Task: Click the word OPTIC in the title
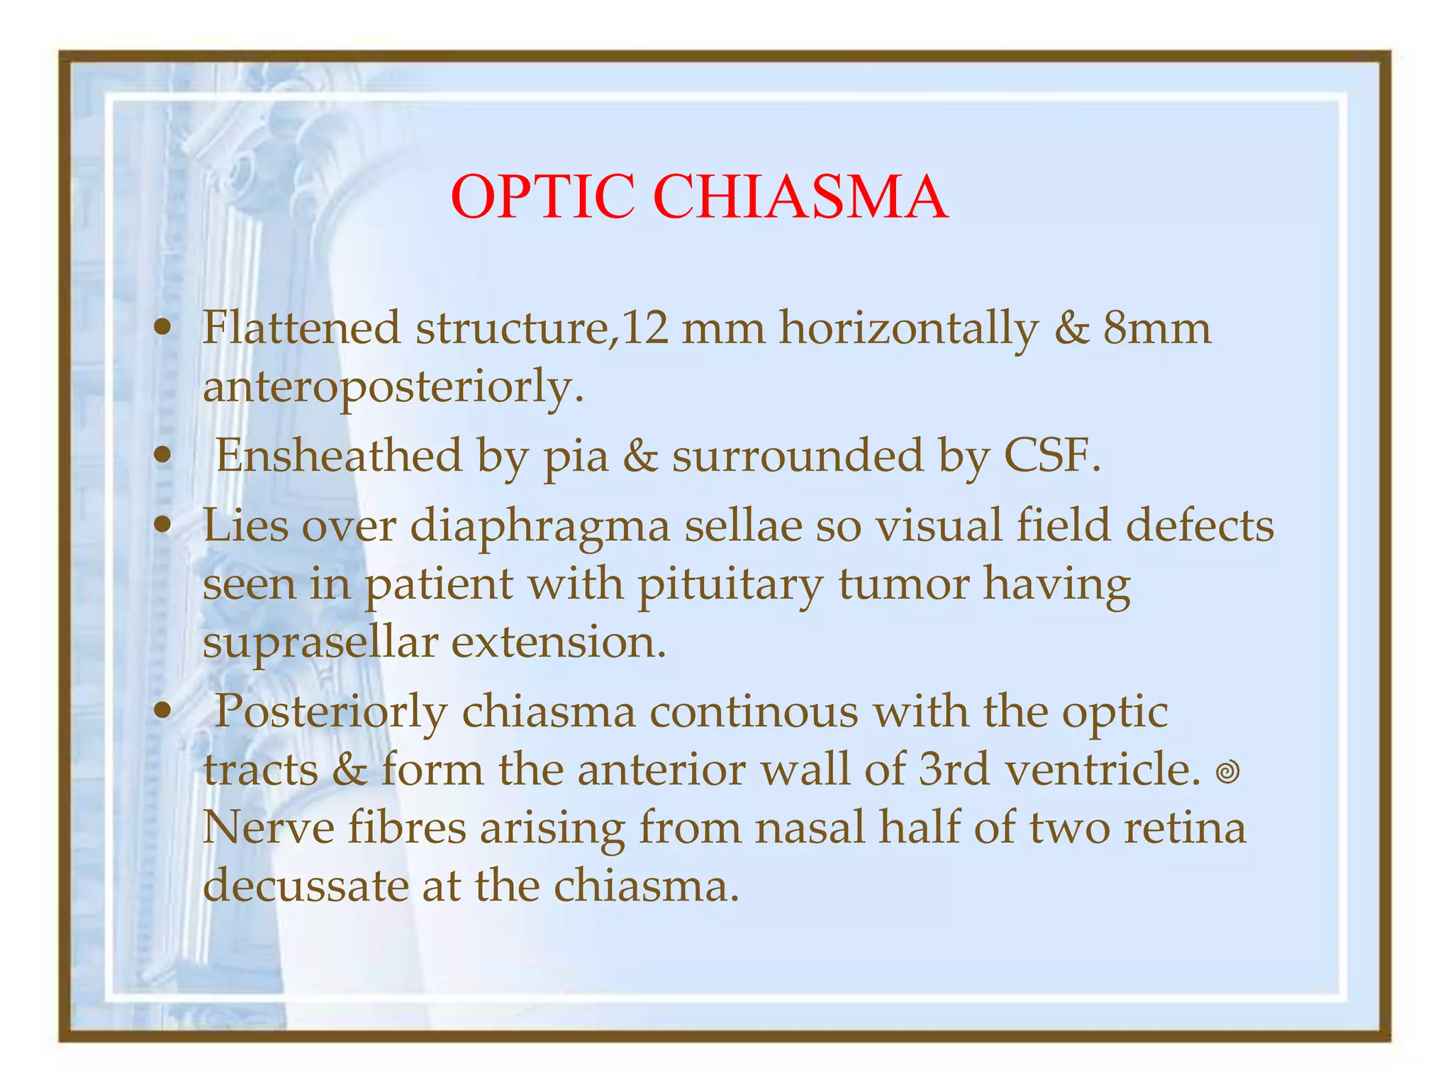click(x=542, y=197)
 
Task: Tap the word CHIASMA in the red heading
click(x=800, y=197)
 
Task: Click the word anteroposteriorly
click(x=393, y=387)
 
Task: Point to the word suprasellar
click(x=320, y=642)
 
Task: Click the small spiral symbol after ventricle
click(x=1227, y=771)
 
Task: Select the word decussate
click(x=306, y=885)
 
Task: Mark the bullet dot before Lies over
click(x=164, y=526)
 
